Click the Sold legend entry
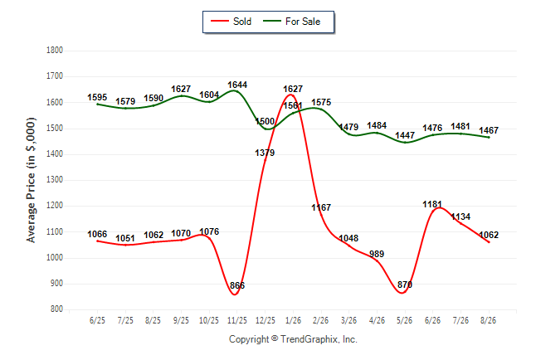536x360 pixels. pyautogui.click(x=231, y=22)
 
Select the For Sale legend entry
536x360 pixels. pyautogui.click(x=291, y=22)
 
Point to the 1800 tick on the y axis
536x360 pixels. pyautogui.click(x=55, y=51)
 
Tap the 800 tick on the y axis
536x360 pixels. pyautogui.click(x=56, y=309)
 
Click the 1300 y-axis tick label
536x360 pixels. pyautogui.click(x=55, y=179)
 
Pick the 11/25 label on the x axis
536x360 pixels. pyautogui.click(x=237, y=320)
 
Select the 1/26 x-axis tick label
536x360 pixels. pyautogui.click(x=293, y=320)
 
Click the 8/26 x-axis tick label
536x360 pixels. pyautogui.click(x=488, y=320)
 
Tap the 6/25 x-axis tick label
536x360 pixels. pyautogui.click(x=97, y=320)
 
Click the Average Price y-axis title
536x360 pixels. pyautogui.click(x=31, y=180)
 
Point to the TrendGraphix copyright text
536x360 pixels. pyautogui.click(x=293, y=339)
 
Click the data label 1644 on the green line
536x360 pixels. pyautogui.click(x=237, y=85)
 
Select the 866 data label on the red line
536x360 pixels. pyautogui.click(x=237, y=285)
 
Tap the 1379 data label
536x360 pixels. pyautogui.click(x=265, y=153)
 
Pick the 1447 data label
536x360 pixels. pyautogui.click(x=405, y=135)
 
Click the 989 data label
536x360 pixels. pyautogui.click(x=377, y=254)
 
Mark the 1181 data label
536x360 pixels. pyautogui.click(x=432, y=204)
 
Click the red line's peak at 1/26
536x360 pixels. pyautogui.click(x=290, y=95)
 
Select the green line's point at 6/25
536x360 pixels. pyautogui.click(x=97, y=104)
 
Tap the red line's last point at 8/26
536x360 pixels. pyautogui.click(x=489, y=242)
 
